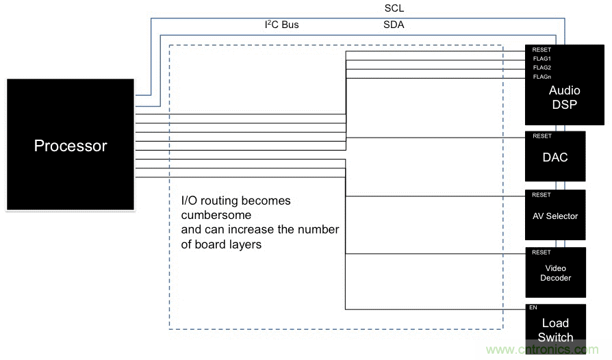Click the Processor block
pos(71,145)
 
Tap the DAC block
pos(555,157)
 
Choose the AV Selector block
pos(555,216)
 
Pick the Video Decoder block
pos(555,272)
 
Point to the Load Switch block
pos(555,329)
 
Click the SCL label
pos(394,9)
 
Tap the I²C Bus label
pos(282,25)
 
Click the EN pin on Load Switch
pos(533,308)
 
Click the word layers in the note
pos(244,244)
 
